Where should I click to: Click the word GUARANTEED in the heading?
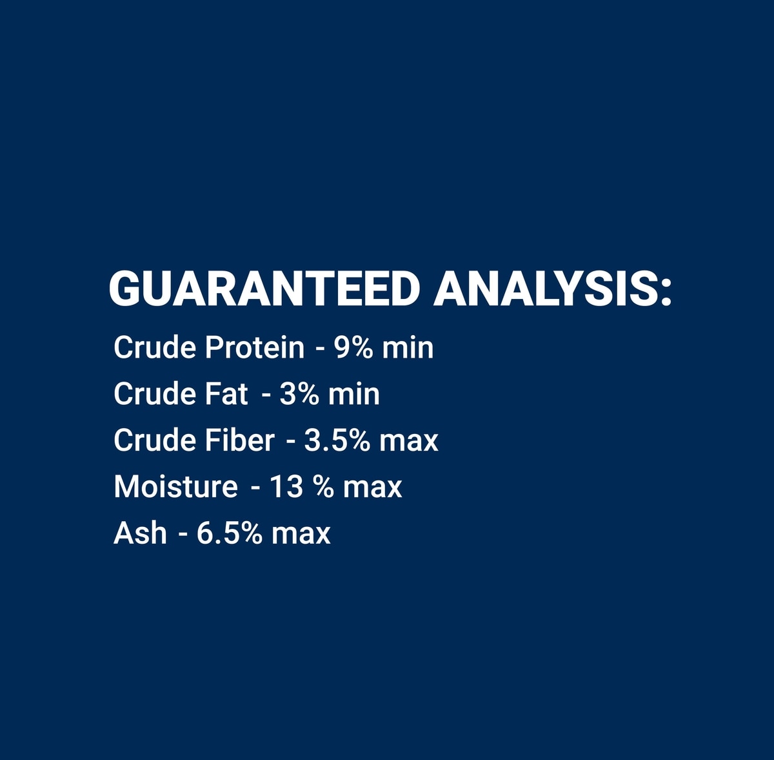(264, 289)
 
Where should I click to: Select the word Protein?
(255, 347)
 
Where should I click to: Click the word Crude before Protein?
(155, 347)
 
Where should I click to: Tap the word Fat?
(226, 394)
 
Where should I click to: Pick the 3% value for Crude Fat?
(299, 394)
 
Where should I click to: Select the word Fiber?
(240, 440)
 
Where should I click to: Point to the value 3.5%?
(337, 440)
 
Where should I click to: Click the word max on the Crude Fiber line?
(409, 443)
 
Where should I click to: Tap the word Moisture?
(175, 487)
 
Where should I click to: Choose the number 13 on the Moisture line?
(286, 487)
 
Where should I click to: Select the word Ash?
(140, 533)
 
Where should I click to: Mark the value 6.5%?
(230, 533)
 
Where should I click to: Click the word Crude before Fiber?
(155, 440)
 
